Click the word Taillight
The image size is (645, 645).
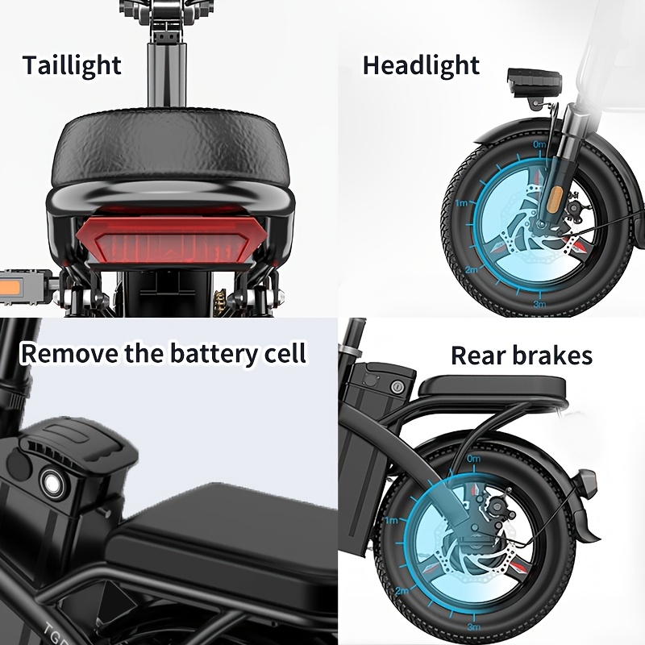[72, 65]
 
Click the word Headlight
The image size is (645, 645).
[421, 65]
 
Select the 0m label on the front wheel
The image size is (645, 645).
[539, 144]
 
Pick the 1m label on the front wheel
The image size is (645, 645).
[461, 203]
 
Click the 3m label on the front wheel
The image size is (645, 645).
[539, 304]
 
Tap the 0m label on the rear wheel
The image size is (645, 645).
[474, 458]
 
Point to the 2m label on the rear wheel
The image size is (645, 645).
[402, 591]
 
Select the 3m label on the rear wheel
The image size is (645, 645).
[474, 627]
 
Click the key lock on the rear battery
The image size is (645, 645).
[397, 386]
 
